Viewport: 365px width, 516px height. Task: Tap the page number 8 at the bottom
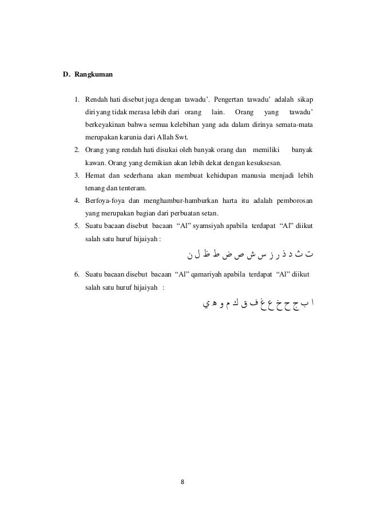182,482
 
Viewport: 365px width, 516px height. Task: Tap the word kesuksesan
263,163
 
